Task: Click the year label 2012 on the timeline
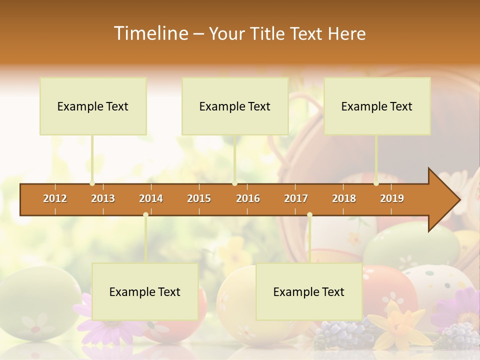[x=55, y=198]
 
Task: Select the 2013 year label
[x=103, y=198]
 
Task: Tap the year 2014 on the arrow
[x=151, y=198]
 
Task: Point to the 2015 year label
[x=199, y=198]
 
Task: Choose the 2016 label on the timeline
[x=248, y=198]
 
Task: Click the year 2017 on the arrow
[x=296, y=198]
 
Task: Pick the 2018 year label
[x=344, y=198]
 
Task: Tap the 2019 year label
[x=392, y=198]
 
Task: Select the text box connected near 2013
[x=93, y=106]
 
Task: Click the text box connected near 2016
[x=235, y=106]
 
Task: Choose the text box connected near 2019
[x=377, y=106]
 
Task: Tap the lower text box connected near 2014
[x=145, y=292]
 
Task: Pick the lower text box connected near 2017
[x=309, y=292]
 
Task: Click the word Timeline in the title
[x=150, y=33]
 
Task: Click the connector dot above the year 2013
[x=92, y=183]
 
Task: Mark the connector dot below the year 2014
[x=145, y=215]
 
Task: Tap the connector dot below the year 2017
[x=309, y=215]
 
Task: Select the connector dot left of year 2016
[x=235, y=183]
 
